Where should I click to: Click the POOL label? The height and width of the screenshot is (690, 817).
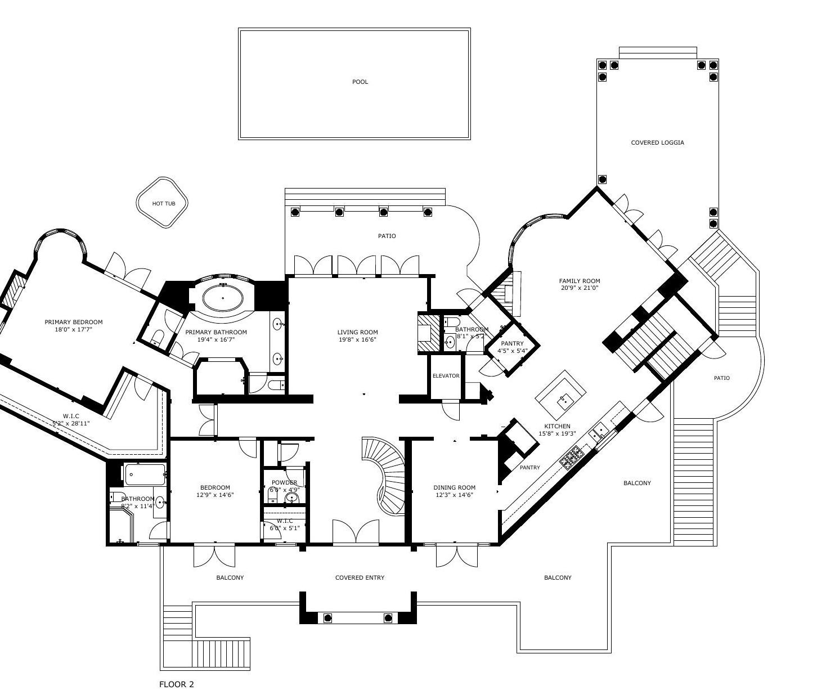click(x=360, y=82)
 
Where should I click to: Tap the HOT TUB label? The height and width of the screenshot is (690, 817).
click(x=164, y=204)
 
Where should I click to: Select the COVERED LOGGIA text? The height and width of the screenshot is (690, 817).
click(x=657, y=143)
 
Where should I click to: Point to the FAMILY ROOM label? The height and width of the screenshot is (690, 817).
click(x=579, y=281)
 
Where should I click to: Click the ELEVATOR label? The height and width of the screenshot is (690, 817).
click(x=446, y=376)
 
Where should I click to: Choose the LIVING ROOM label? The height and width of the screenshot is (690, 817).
click(x=357, y=333)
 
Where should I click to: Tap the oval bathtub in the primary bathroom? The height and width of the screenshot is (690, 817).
click(x=223, y=298)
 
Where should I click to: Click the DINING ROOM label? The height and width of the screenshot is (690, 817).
click(x=454, y=488)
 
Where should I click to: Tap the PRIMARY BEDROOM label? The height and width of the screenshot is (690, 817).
click(x=74, y=322)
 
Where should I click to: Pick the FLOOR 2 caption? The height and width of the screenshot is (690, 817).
click(x=177, y=684)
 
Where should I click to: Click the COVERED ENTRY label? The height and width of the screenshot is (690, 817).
click(x=360, y=577)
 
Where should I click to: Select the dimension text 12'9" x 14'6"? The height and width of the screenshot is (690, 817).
click(x=215, y=495)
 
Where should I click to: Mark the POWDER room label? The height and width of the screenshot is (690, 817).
click(x=284, y=483)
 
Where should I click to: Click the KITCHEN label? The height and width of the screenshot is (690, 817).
click(x=557, y=427)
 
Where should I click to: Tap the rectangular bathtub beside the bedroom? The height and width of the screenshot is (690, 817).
click(x=145, y=474)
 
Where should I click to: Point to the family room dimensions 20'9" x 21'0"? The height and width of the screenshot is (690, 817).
click(x=579, y=288)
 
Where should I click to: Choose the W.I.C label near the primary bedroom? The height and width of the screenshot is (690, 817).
click(x=71, y=416)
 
